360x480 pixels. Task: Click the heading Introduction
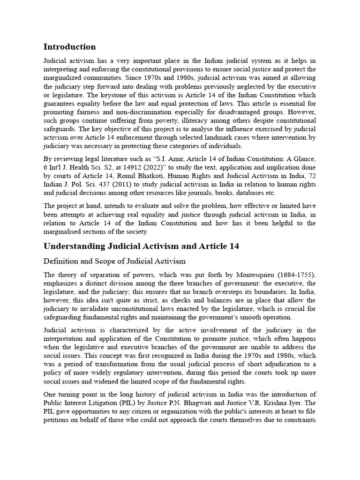[69, 47]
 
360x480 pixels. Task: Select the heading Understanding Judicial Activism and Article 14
[141, 247]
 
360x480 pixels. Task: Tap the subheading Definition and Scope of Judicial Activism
[115, 261]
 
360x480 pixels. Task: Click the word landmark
[245, 137]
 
